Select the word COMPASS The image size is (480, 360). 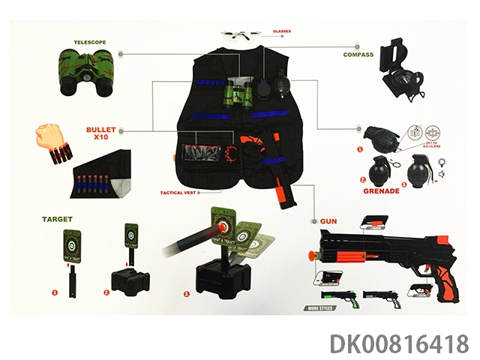point(358,55)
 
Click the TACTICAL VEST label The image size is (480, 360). point(178,193)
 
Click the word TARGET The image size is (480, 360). point(58,218)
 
